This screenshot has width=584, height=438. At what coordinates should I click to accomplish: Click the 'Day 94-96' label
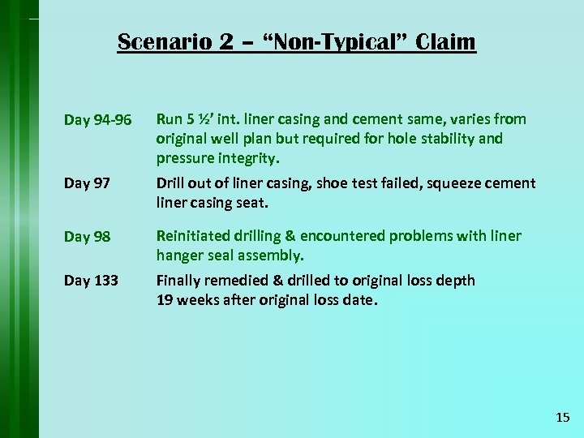point(97,120)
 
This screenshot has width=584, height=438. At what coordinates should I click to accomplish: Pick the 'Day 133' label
point(91,281)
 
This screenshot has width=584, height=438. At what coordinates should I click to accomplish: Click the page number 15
point(563,417)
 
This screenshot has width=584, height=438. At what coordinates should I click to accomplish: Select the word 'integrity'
point(245,157)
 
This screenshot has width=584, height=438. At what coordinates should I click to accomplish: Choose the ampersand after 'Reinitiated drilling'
point(290,236)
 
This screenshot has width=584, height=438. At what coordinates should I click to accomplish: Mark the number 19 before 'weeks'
point(165,299)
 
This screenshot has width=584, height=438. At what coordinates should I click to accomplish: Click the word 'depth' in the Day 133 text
point(456,281)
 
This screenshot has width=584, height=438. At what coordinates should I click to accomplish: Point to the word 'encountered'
point(339,236)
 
